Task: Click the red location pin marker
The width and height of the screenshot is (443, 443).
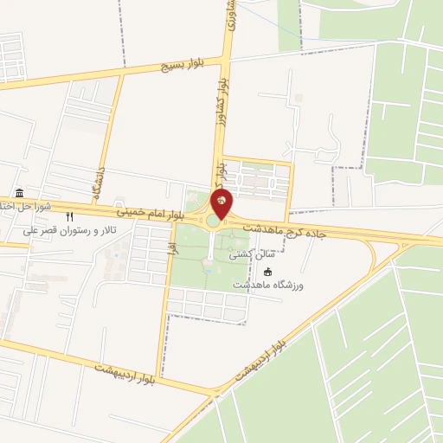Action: point(221,204)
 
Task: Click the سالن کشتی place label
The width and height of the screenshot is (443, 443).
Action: point(252,256)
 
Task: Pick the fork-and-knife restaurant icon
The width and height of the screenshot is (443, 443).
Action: point(70,216)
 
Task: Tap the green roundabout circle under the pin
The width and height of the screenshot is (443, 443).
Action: point(213,221)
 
